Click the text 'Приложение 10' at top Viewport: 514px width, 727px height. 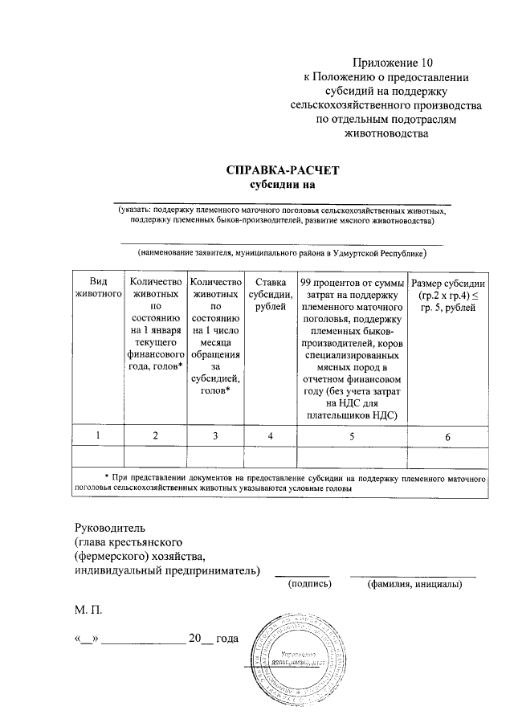click(392, 62)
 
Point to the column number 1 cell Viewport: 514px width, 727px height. click(98, 435)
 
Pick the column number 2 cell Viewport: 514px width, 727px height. click(155, 435)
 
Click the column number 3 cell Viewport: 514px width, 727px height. click(214, 435)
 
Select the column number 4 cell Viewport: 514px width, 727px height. click(270, 435)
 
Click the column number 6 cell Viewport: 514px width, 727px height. click(447, 436)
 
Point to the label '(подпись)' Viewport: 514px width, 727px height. click(310, 584)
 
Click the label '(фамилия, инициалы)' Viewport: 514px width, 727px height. click(414, 584)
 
